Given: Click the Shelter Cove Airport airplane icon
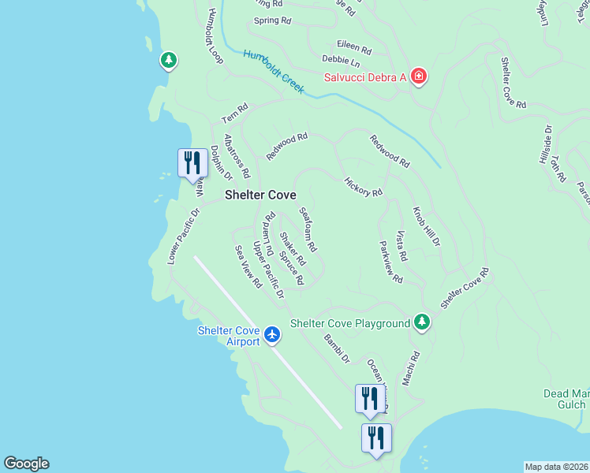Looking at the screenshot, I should [x=272, y=335].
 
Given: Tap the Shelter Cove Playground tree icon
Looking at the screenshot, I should [x=422, y=322].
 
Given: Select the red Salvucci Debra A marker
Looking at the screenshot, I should [x=419, y=76].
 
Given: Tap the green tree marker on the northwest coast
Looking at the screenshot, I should [x=168, y=60].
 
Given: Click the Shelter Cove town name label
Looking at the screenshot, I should [x=260, y=195].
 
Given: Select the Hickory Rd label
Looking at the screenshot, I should [x=363, y=187].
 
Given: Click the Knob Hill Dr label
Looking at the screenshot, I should [x=427, y=228].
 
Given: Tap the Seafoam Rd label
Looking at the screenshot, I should [x=308, y=229].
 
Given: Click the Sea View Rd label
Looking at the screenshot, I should [x=248, y=266].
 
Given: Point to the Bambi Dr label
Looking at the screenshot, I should [x=336, y=348].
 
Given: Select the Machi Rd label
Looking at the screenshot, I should [x=410, y=369].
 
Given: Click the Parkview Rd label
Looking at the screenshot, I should [x=390, y=263].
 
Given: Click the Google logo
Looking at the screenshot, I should [x=26, y=464].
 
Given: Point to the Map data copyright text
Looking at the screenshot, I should [x=556, y=467].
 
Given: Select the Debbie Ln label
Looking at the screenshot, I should [x=341, y=61].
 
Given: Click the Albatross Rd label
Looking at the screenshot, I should [x=237, y=155].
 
